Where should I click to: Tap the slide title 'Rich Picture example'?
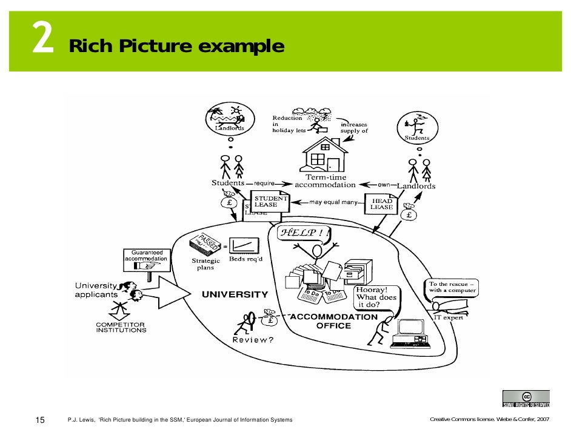click(176, 46)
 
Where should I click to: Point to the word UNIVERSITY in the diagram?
click(235, 294)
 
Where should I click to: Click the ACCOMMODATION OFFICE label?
click(333, 321)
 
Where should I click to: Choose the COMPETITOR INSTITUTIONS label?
click(121, 328)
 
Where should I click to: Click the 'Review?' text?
click(253, 340)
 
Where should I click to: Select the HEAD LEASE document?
click(382, 205)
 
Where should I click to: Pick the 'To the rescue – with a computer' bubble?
click(452, 287)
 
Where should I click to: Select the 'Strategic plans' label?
click(202, 264)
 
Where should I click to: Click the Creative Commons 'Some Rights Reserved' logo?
click(526, 399)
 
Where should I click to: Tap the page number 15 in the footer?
click(41, 420)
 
